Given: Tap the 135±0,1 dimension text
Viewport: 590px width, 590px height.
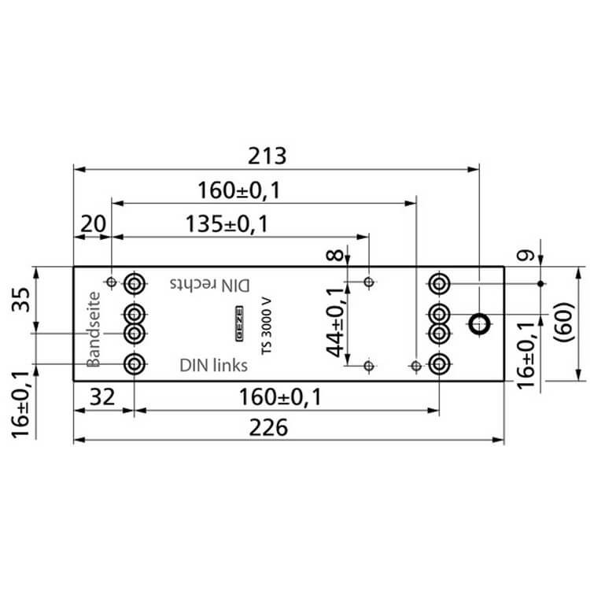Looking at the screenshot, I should (x=227, y=224).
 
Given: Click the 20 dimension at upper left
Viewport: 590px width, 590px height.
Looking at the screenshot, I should (x=93, y=224).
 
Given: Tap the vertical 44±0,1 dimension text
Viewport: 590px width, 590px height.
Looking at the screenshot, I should (x=336, y=323).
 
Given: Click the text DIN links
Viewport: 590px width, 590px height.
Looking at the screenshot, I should (x=213, y=365).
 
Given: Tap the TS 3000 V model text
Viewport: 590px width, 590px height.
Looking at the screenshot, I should (x=267, y=326).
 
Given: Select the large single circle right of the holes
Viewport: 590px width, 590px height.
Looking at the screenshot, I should (x=478, y=323).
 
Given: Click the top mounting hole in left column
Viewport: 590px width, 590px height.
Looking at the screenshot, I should (x=135, y=282).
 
